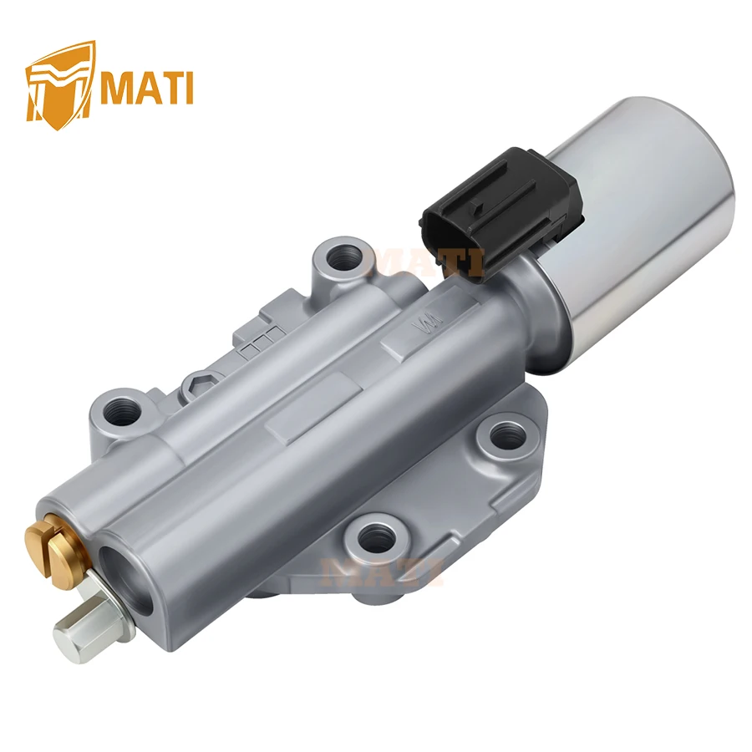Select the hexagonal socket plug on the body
coord(200,383)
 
